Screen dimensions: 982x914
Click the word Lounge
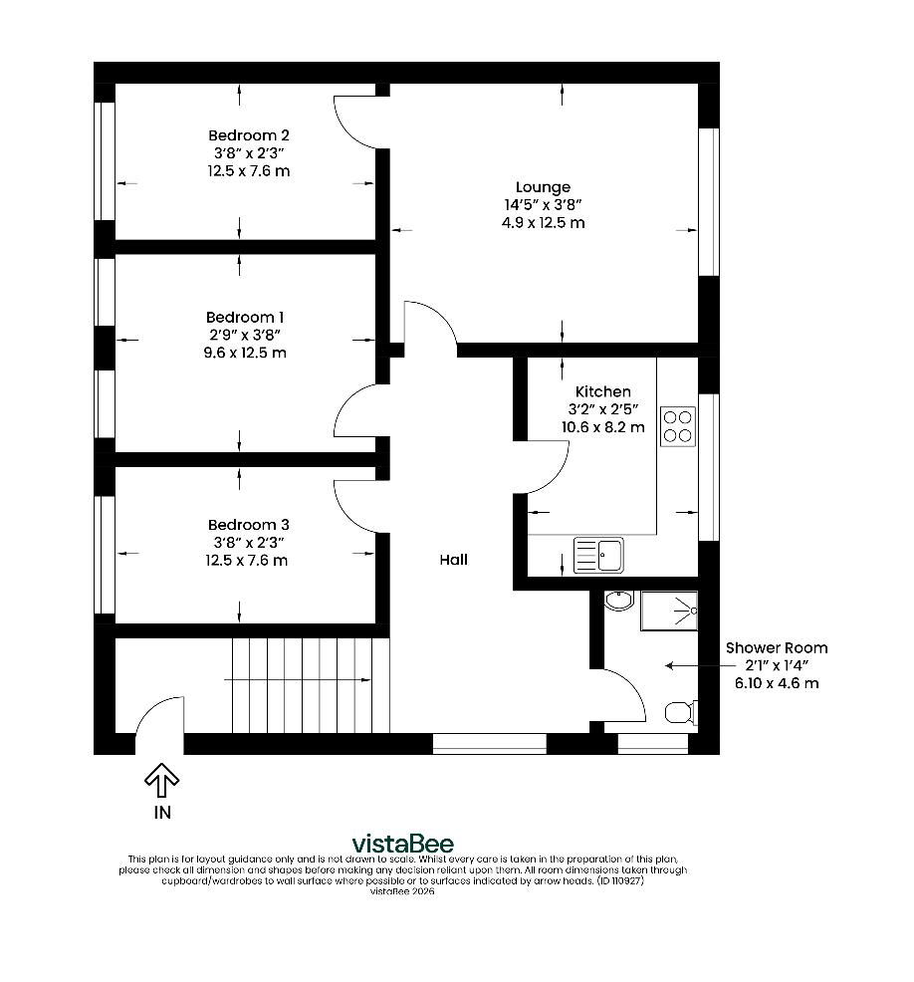(543, 187)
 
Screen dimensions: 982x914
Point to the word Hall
(453, 560)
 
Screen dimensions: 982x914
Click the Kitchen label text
(602, 391)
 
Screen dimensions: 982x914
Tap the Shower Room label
(776, 647)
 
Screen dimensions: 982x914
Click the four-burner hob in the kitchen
(678, 426)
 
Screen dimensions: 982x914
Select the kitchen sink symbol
(598, 555)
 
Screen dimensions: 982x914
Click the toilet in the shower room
(679, 712)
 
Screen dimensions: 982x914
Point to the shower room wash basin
(618, 601)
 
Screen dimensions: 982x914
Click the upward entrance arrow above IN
(161, 780)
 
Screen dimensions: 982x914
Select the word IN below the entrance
(161, 813)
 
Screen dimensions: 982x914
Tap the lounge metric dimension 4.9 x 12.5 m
(543, 223)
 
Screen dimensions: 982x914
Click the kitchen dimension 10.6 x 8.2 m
(602, 427)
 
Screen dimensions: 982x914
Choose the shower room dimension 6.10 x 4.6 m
(776, 683)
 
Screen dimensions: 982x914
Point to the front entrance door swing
(159, 717)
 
